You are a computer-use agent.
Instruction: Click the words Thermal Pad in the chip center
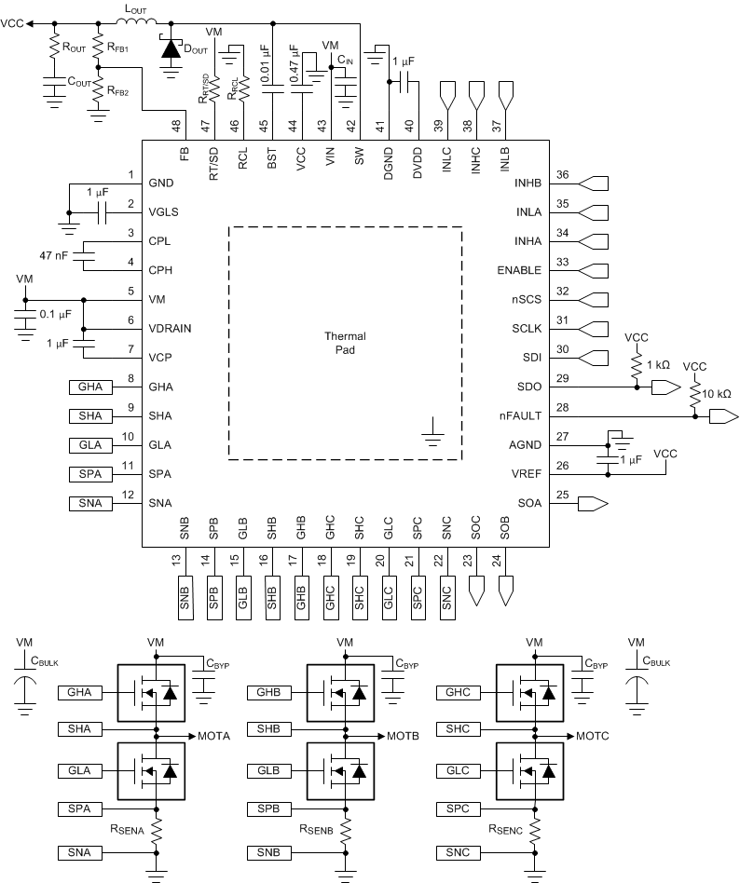click(345, 344)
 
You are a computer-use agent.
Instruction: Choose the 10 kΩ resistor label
click(719, 395)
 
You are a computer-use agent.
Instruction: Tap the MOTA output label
click(215, 736)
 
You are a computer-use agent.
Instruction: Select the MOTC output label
click(594, 736)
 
